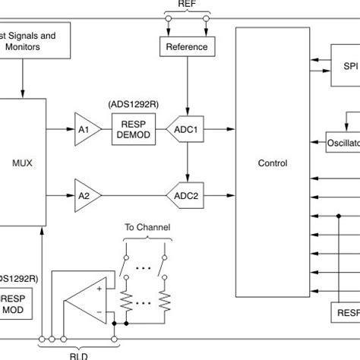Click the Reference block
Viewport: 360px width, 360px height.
(187, 47)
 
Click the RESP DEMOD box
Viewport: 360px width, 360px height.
(131, 130)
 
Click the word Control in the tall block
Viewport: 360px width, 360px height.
(273, 163)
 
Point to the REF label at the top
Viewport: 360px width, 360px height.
(186, 5)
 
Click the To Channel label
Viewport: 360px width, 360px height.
(148, 227)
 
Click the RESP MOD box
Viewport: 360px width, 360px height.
(13, 305)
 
